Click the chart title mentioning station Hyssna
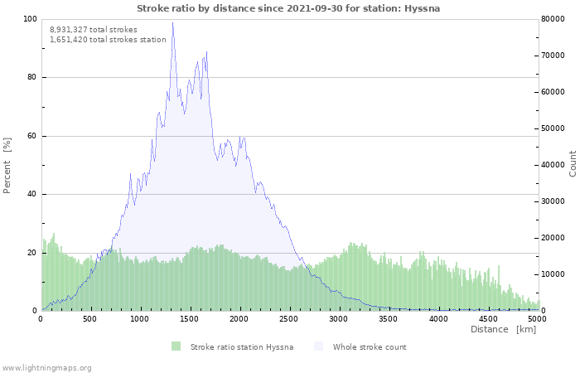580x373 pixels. coord(288,8)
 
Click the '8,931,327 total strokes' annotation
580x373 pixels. coord(94,30)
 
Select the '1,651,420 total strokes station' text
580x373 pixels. coord(108,40)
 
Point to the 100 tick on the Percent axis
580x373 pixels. coord(31,19)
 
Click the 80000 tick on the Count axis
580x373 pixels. coord(553,19)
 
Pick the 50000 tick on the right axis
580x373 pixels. coord(553,128)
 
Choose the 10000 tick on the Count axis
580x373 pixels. coord(553,274)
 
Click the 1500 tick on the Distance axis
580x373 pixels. coord(190,318)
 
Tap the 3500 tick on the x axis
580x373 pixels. coord(389,318)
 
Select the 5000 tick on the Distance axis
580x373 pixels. coord(537,318)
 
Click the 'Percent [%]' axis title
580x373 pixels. coord(7,165)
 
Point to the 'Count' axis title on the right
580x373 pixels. coord(573,163)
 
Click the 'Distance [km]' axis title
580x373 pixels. coord(503,330)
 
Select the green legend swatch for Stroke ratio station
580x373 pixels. coord(176,346)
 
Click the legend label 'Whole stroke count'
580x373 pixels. coord(369,346)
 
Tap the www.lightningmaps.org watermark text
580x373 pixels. coord(46,367)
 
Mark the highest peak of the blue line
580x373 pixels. coord(173,22)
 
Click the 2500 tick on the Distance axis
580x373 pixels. coord(289,318)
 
